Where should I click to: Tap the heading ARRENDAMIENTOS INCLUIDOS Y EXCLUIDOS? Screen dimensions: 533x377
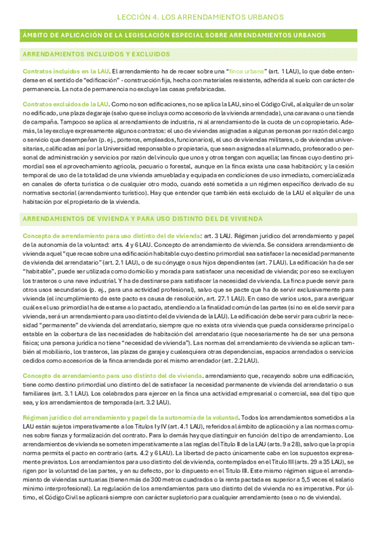88,55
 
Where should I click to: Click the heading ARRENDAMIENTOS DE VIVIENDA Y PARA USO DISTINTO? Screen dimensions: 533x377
142,219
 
